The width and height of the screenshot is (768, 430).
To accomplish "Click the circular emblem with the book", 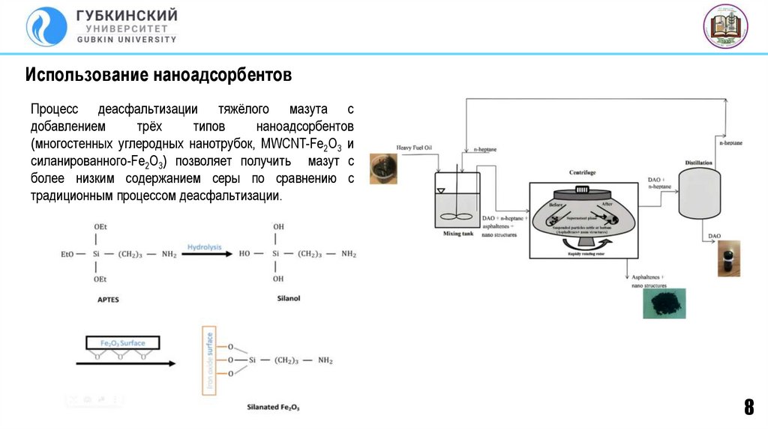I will (725, 26).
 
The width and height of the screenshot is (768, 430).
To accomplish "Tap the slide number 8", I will (748, 408).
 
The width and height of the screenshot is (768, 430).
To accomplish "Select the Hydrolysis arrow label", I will (204, 246).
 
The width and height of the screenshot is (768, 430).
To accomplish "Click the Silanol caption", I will (288, 298).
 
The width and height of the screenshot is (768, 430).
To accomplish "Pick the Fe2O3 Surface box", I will (122, 343).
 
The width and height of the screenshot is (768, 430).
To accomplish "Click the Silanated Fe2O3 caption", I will (273, 408).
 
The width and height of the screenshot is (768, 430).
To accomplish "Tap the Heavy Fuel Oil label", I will (414, 147).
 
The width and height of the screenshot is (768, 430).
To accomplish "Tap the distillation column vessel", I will (699, 194).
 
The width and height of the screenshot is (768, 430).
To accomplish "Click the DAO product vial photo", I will (727, 258).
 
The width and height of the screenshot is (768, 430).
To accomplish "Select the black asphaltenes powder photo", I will (664, 303).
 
